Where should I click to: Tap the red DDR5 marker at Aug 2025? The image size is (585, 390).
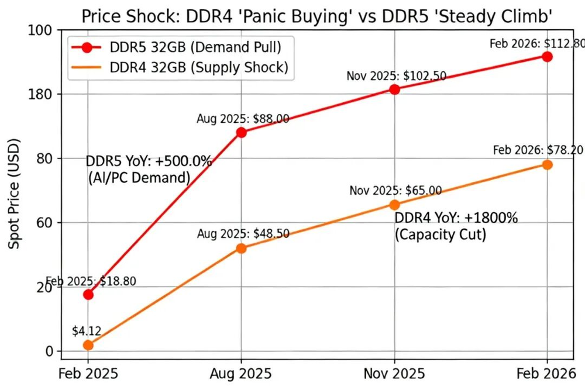pos(241,132)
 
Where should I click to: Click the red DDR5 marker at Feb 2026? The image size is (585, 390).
pos(547,57)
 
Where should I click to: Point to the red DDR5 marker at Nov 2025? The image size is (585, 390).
pos(395,89)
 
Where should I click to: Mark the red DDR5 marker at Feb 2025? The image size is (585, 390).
pos(88,294)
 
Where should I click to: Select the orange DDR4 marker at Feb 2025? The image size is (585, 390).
pos(88,345)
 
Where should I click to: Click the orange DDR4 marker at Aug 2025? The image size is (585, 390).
pos(241,248)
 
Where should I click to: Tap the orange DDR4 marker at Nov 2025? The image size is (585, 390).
pos(395,205)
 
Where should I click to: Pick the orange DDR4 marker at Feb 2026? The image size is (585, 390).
pos(547,164)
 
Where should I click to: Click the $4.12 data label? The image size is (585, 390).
pos(87,332)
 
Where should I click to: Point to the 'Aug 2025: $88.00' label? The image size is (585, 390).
pos(243,119)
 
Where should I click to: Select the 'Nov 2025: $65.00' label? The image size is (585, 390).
pos(395,191)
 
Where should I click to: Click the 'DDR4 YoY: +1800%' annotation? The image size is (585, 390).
pos(456,219)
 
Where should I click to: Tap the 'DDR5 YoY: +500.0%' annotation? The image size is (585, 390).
pos(149,161)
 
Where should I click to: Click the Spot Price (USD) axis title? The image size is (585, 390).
pos(15,194)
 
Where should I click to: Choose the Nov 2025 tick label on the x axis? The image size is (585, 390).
pos(395,372)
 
